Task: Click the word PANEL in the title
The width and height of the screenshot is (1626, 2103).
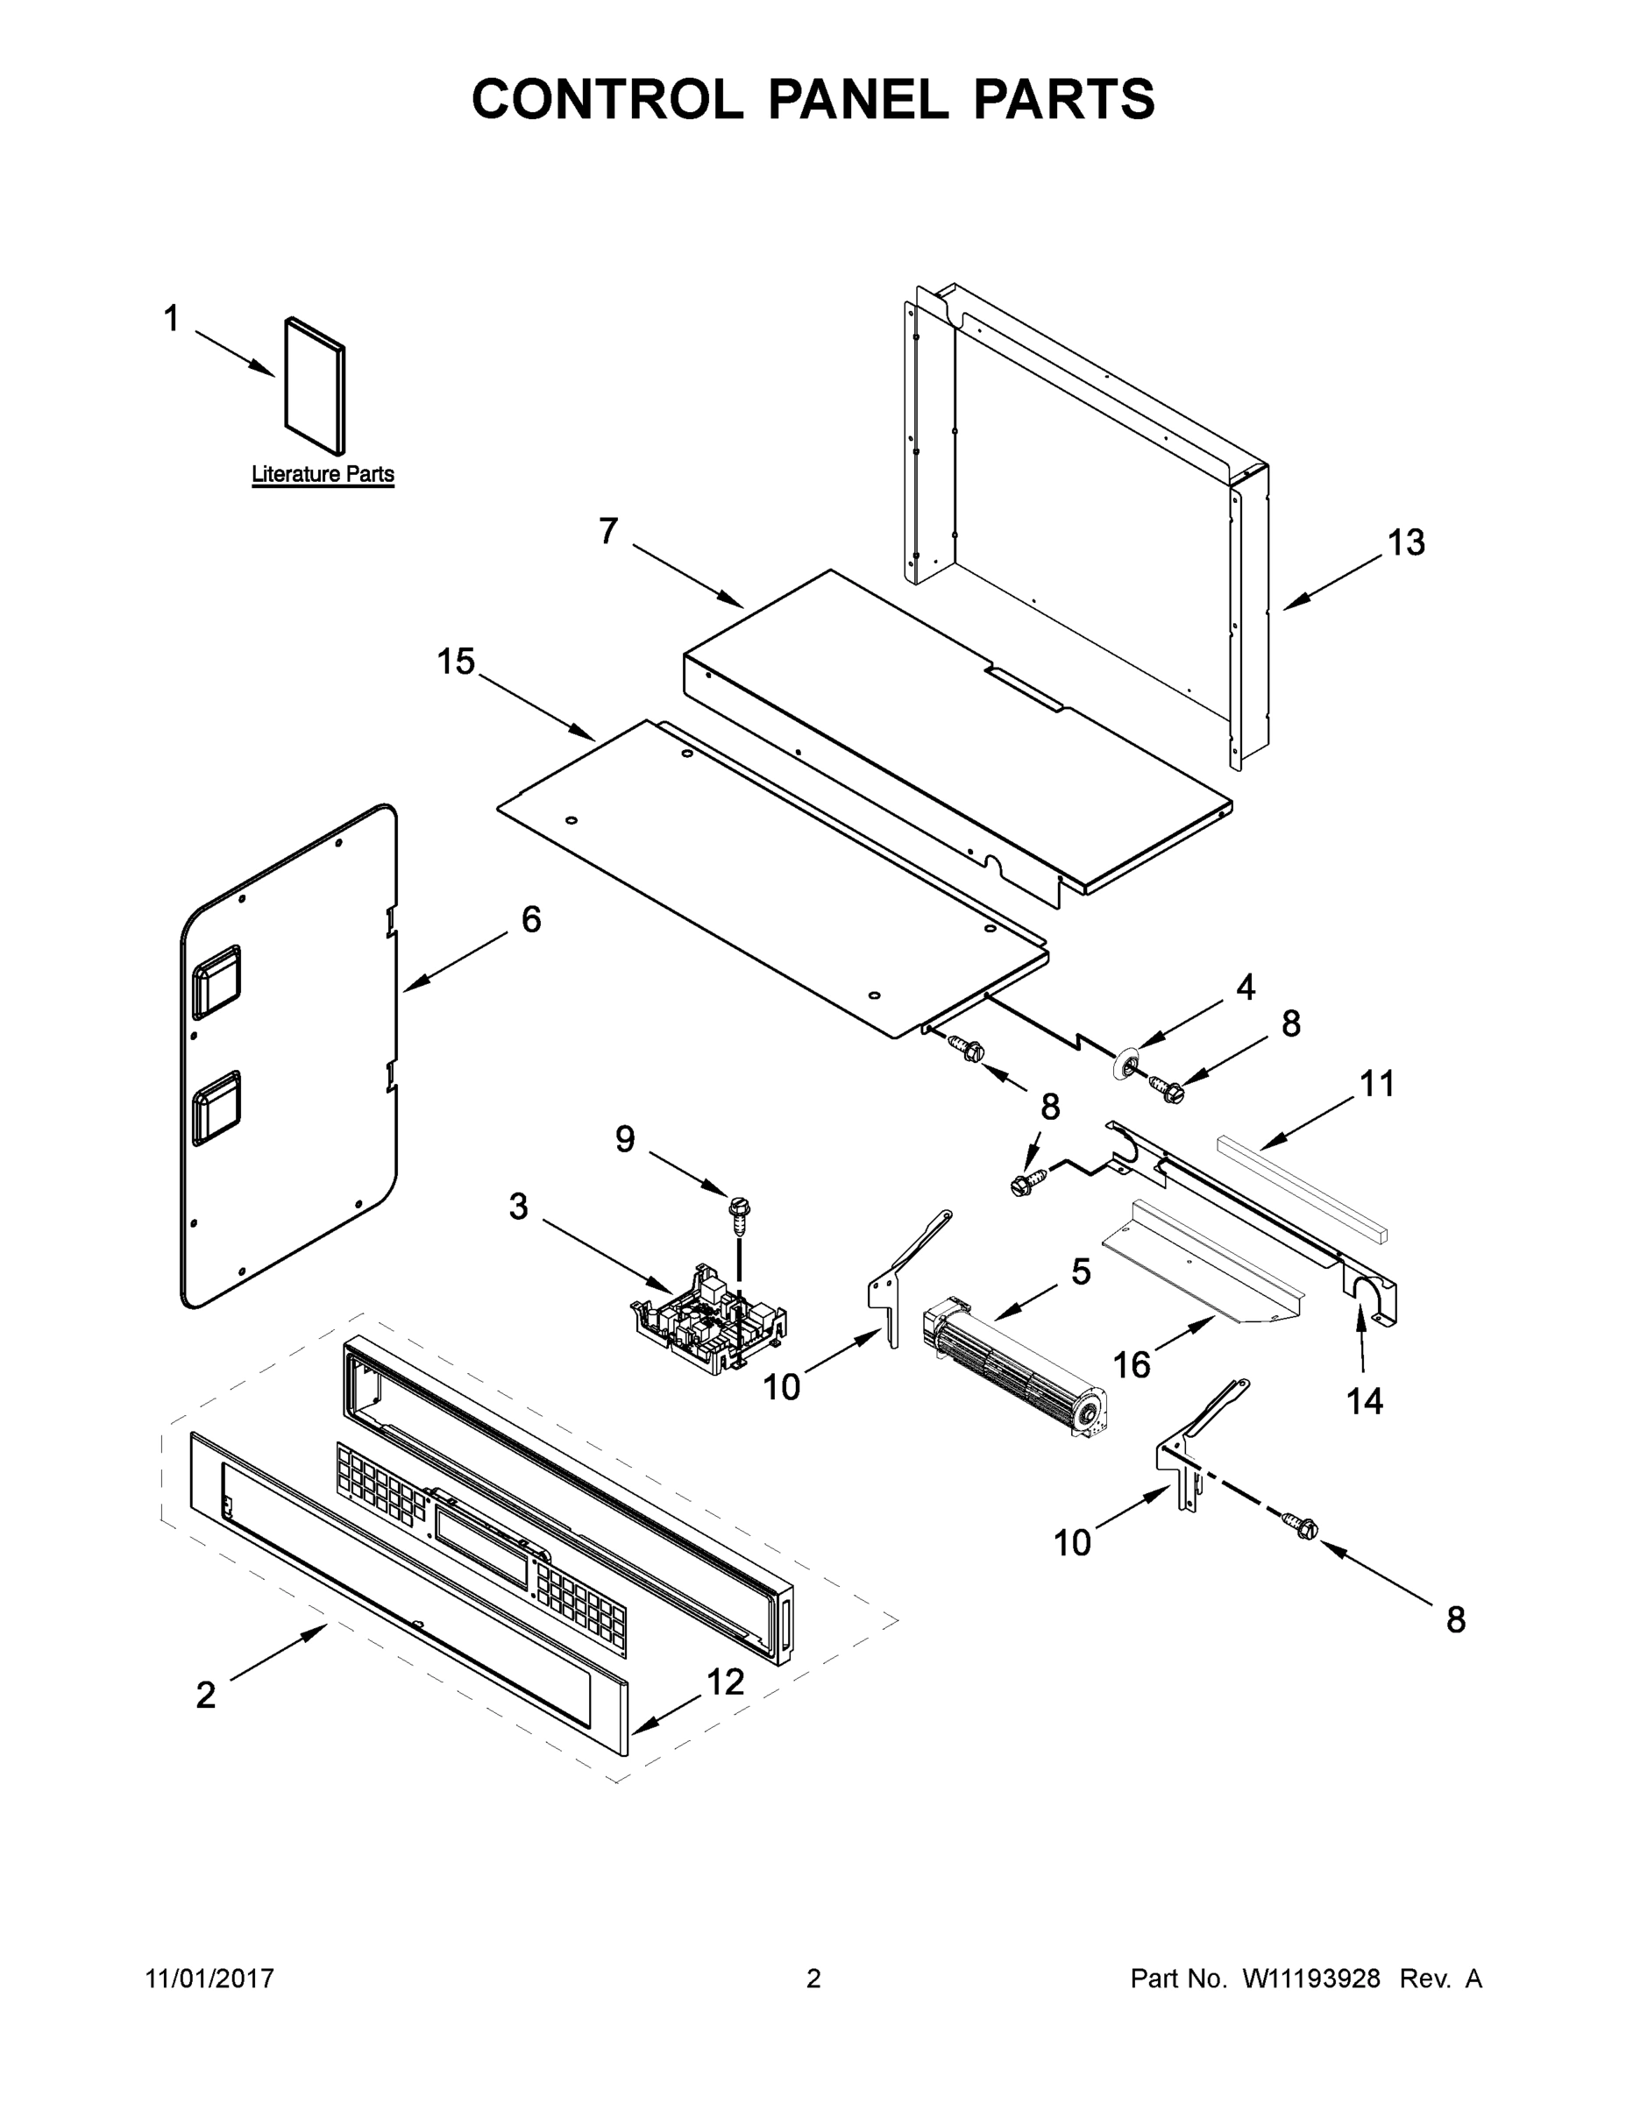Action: click(x=857, y=99)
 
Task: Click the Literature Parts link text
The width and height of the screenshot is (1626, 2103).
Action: click(x=323, y=474)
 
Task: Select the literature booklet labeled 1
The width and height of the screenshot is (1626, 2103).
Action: click(x=314, y=386)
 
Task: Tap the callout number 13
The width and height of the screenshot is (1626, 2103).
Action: click(x=1405, y=543)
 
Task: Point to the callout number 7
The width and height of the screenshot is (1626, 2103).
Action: click(x=607, y=532)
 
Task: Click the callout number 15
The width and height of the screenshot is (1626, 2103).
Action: click(x=456, y=662)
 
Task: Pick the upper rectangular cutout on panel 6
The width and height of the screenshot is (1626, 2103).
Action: click(x=217, y=981)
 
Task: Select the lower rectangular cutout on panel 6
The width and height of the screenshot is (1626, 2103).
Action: click(x=217, y=1110)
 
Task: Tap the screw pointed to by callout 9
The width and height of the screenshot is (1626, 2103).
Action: click(x=740, y=1218)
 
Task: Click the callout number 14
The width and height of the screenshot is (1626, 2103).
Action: click(x=1364, y=1401)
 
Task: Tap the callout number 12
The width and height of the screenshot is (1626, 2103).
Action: click(x=725, y=1682)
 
